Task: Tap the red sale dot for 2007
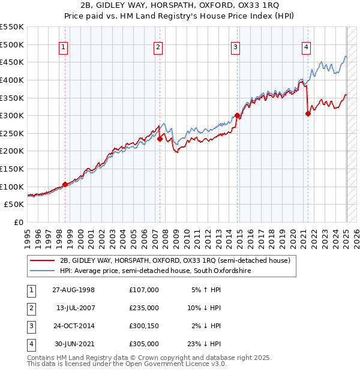point(160,139)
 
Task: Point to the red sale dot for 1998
point(65,184)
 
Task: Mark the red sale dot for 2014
point(238,116)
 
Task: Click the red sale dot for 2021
point(308,113)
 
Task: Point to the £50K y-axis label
point(15,205)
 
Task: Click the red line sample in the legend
point(43,260)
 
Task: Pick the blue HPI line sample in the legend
point(43,271)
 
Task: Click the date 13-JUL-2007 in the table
point(76,308)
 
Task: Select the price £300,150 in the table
point(144,326)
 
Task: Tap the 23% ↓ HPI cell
point(206,344)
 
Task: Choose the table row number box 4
point(31,344)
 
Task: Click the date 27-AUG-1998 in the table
point(76,290)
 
